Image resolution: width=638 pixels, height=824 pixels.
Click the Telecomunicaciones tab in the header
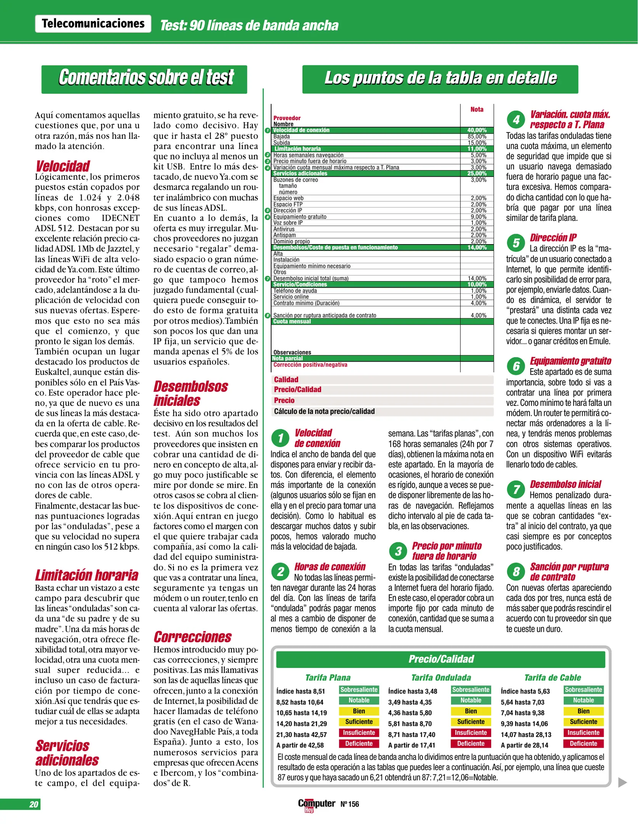click(93, 24)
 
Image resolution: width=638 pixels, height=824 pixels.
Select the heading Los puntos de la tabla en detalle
click(440, 78)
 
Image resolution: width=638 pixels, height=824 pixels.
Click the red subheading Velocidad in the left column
click(63, 166)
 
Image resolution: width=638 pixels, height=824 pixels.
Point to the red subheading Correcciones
click(193, 637)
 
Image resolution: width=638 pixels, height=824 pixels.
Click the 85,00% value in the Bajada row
click(477, 137)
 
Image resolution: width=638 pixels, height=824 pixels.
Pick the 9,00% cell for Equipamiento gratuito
click(478, 217)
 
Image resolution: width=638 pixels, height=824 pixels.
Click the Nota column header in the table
click(477, 109)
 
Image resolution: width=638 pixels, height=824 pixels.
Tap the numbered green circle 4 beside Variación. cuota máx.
click(516, 120)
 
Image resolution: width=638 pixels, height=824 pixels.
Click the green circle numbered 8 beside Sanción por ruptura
click(516, 571)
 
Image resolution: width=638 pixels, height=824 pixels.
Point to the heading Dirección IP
click(553, 238)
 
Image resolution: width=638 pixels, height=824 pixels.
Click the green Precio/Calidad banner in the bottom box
click(440, 659)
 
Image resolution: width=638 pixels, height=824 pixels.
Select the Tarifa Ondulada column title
click(441, 678)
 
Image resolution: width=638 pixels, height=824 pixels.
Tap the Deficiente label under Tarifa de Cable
click(583, 744)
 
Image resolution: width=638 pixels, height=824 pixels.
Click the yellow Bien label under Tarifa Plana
click(359, 711)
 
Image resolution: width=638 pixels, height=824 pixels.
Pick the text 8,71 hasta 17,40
click(411, 734)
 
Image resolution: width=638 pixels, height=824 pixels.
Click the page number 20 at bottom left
click(34, 804)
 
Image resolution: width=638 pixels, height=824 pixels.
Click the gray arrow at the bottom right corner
click(622, 782)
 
